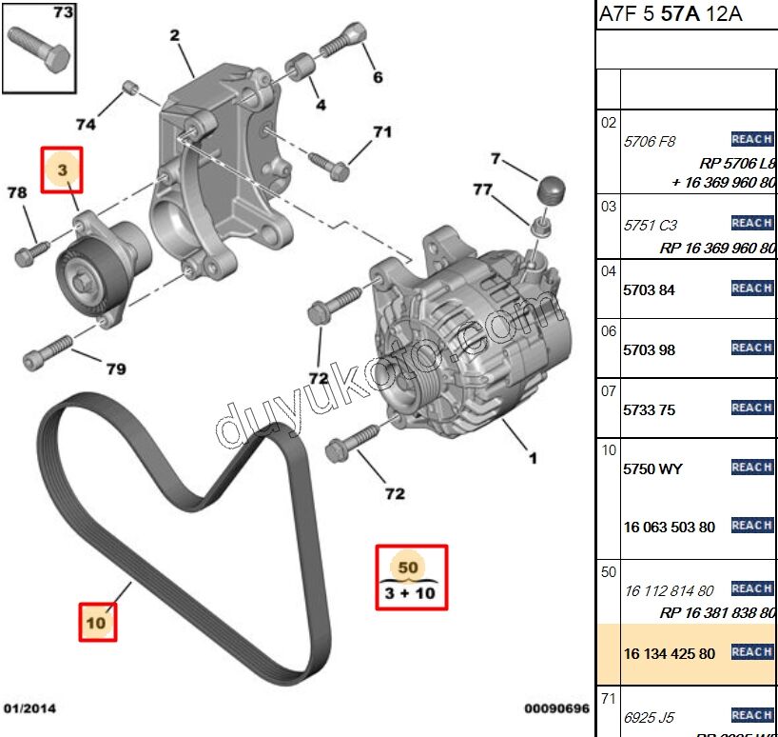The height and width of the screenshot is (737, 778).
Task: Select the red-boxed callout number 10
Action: (96, 624)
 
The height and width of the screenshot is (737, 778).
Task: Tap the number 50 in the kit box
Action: (408, 568)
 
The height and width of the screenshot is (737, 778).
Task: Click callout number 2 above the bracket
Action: (175, 36)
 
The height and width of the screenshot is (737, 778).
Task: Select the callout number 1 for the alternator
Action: (533, 458)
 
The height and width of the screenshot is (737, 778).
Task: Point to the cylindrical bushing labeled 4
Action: (302, 69)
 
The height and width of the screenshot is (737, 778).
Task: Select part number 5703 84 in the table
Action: (649, 290)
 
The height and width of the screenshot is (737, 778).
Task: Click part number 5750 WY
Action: (652, 468)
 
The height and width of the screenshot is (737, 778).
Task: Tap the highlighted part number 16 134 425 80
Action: (670, 653)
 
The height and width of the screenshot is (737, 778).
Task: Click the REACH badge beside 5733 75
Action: (752, 408)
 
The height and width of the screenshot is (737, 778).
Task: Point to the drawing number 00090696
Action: (556, 707)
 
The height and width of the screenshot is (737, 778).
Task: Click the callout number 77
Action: (482, 189)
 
